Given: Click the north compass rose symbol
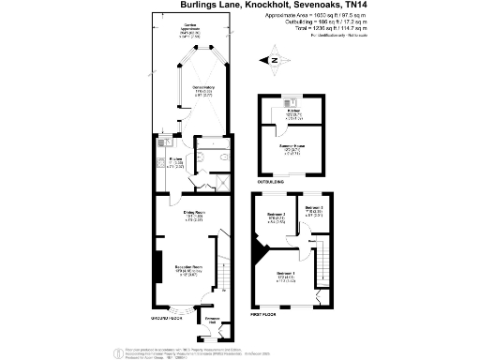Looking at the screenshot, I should click(275, 64).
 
